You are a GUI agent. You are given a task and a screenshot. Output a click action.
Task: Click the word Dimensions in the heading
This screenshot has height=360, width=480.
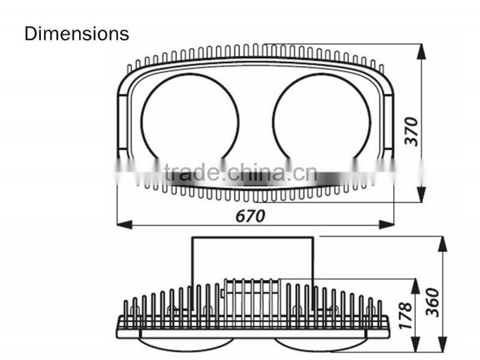77,34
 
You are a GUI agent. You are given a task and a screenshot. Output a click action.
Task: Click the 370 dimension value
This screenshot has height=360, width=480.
412,131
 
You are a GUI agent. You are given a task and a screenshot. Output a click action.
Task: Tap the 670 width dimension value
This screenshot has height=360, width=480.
250,216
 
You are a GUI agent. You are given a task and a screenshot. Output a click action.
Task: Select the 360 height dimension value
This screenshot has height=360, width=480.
433,302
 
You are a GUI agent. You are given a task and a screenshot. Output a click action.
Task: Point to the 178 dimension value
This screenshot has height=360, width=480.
406,316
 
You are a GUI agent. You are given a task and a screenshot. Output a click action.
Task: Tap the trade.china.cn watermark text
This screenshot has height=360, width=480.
241,173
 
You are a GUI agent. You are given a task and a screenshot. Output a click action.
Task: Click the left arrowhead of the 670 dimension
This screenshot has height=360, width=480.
125,224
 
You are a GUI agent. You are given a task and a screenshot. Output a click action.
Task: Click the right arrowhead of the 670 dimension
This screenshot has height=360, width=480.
386,224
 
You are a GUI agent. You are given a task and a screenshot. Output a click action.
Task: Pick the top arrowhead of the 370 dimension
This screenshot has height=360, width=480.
422,52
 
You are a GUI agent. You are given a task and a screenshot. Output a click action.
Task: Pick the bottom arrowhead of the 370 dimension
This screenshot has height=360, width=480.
422,194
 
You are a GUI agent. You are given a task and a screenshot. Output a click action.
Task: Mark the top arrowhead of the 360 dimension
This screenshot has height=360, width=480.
443,244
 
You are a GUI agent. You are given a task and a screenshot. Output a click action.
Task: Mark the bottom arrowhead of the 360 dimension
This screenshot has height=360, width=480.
443,344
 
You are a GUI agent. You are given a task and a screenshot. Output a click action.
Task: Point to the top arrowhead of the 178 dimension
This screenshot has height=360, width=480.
415,287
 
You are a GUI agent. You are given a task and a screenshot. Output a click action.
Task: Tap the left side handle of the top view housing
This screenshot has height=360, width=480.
122,122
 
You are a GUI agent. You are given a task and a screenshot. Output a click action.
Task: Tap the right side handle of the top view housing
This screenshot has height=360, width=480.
389,122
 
